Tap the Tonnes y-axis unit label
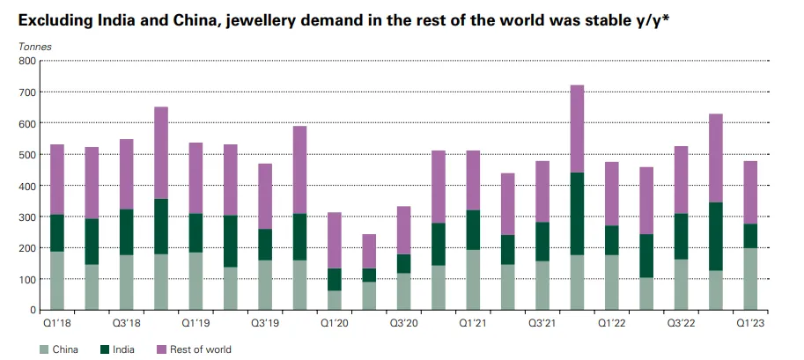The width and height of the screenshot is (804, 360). tap(33, 46)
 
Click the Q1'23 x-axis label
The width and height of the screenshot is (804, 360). tap(750, 323)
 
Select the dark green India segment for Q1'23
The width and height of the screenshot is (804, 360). tap(750, 235)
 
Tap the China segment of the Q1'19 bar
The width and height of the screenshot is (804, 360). tap(195, 281)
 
